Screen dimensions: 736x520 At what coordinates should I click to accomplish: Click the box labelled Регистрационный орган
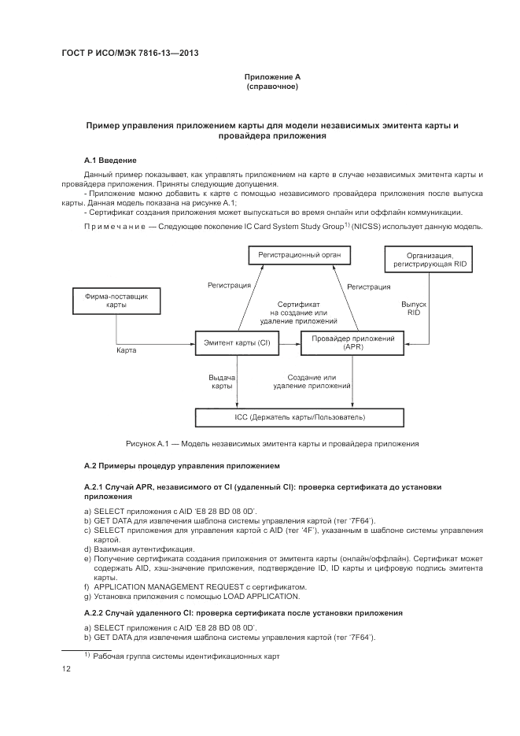point(300,255)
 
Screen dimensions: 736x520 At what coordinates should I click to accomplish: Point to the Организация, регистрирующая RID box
point(429,260)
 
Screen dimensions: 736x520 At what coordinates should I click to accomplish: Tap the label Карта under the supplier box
point(127,350)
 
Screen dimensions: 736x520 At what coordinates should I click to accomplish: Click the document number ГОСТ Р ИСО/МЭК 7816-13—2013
point(129,54)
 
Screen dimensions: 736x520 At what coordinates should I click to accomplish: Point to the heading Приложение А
point(272,76)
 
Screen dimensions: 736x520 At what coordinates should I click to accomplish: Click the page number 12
point(67,669)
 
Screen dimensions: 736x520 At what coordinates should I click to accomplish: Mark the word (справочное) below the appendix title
point(272,86)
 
